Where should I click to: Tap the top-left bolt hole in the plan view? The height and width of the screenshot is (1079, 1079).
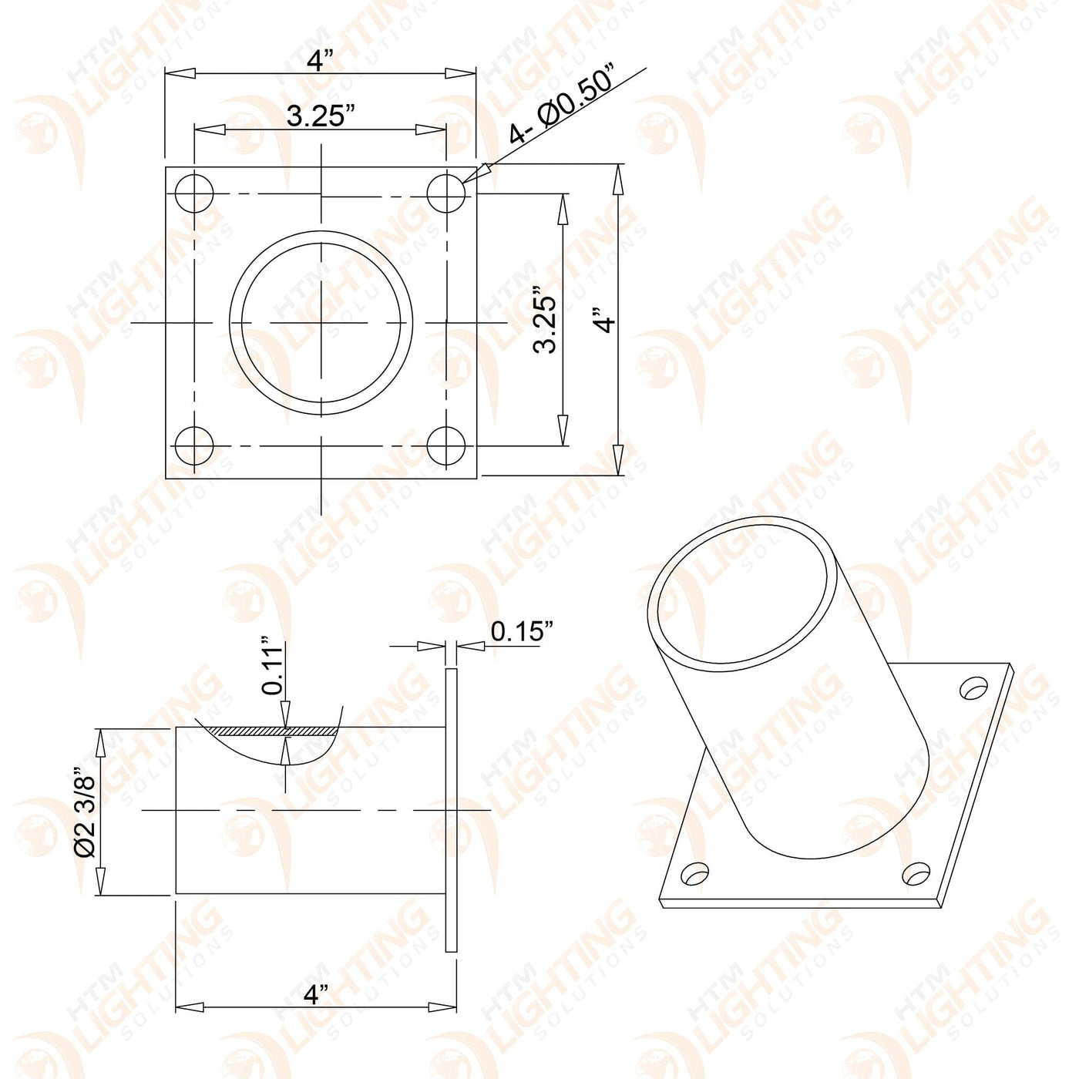click(x=194, y=193)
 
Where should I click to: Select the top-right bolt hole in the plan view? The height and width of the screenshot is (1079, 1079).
click(x=446, y=193)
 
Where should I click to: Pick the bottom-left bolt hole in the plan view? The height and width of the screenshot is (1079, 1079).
click(x=194, y=445)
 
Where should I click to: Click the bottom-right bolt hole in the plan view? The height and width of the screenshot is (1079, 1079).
click(x=446, y=445)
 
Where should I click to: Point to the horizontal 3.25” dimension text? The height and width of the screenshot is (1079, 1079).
click(x=321, y=116)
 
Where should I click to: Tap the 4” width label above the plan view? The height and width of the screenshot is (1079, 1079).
click(x=321, y=60)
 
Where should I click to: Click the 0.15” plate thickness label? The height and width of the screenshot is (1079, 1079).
click(x=522, y=631)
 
